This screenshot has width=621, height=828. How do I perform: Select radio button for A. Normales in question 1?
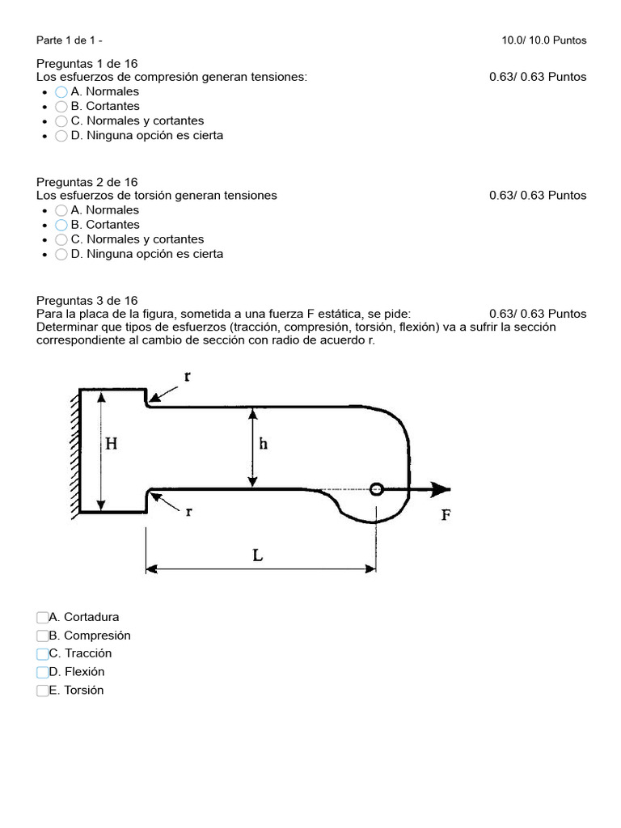(x=61, y=92)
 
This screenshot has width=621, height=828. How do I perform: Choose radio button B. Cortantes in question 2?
(x=61, y=225)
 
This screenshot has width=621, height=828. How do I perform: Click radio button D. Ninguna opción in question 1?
(x=61, y=136)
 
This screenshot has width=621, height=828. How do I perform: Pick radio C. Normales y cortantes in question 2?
(x=61, y=239)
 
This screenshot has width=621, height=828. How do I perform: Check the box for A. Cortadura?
(x=43, y=617)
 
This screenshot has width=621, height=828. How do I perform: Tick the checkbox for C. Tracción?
(x=43, y=653)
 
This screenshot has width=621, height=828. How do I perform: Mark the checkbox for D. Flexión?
(x=43, y=672)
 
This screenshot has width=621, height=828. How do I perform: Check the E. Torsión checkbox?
(x=43, y=691)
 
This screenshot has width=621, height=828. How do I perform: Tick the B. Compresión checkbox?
(x=43, y=636)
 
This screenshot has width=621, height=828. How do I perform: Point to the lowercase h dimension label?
(x=263, y=445)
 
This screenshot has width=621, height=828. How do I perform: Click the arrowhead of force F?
(x=441, y=489)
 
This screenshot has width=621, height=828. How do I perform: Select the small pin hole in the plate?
(x=376, y=488)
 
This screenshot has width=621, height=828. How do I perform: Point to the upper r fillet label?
(x=188, y=376)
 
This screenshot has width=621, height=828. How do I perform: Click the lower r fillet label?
(x=188, y=512)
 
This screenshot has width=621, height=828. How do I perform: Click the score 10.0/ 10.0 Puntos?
(x=544, y=40)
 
